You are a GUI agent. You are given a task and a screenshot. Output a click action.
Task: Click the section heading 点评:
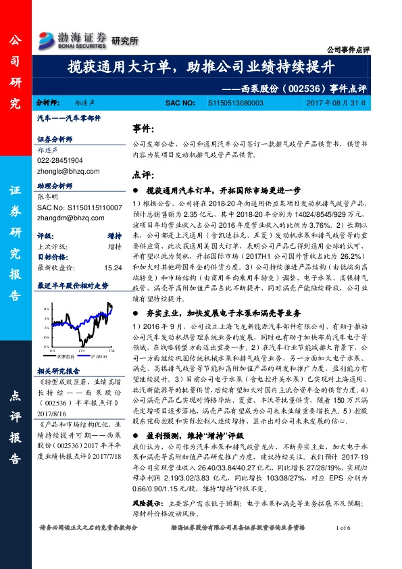click(x=143, y=174)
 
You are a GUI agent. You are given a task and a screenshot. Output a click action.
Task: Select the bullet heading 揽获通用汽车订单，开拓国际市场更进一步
click(x=222, y=191)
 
